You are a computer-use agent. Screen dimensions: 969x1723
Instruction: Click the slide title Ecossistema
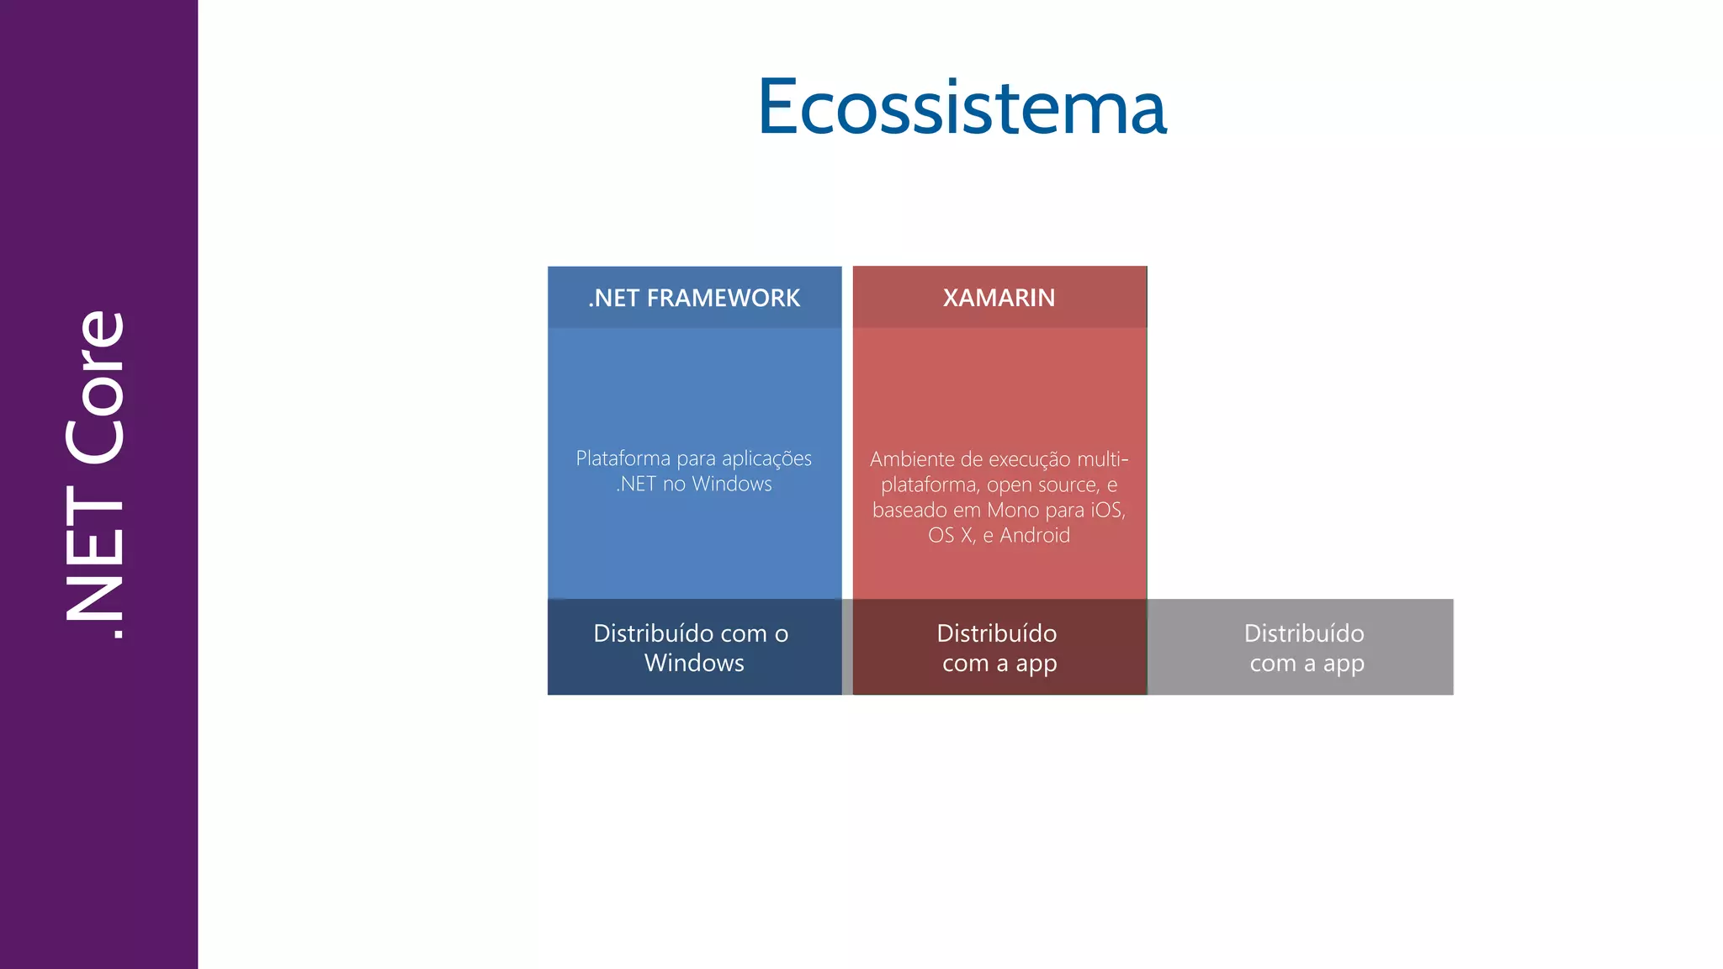click(x=962, y=107)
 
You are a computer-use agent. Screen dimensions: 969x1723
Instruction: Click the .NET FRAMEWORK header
click(x=694, y=298)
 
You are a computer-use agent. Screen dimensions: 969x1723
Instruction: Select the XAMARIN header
click(x=999, y=298)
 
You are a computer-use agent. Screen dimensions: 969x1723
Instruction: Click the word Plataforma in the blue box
click(x=623, y=458)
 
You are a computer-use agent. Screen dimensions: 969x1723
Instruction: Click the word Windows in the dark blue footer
click(x=694, y=663)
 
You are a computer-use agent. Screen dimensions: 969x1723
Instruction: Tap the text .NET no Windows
click(x=694, y=484)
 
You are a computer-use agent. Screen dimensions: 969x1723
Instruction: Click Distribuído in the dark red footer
click(x=997, y=633)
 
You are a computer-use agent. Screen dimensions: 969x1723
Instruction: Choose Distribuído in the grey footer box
click(x=1304, y=633)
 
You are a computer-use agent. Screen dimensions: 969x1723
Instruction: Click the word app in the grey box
click(x=1344, y=664)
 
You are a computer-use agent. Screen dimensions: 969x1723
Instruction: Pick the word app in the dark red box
click(x=1036, y=664)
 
